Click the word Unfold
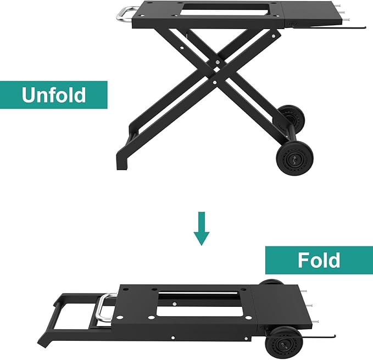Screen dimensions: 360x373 tap(54, 95)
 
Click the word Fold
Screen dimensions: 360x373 tap(319, 260)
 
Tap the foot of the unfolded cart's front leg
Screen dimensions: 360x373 tap(123, 162)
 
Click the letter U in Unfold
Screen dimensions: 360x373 tap(30, 95)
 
